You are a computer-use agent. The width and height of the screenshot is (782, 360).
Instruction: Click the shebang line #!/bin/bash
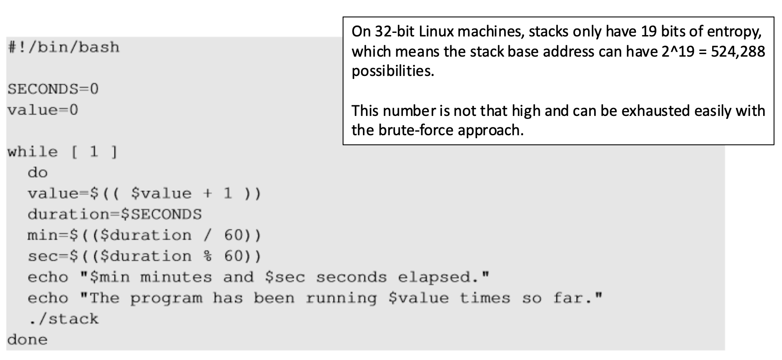tap(64, 47)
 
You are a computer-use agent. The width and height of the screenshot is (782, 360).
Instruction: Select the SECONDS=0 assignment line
tap(53, 89)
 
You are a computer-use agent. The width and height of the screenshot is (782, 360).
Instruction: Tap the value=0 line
tap(43, 110)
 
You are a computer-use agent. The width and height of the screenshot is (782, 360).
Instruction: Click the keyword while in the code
tap(32, 152)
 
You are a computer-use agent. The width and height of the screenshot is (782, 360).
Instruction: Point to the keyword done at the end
tap(27, 339)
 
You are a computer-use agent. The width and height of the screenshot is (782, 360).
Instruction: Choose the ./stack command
tap(64, 319)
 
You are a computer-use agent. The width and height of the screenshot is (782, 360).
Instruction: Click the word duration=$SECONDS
tap(115, 214)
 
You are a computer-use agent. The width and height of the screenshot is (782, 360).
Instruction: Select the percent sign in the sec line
tap(208, 256)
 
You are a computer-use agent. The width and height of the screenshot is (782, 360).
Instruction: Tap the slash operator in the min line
tap(208, 235)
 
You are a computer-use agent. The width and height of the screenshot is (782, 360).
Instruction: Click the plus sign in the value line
tap(208, 194)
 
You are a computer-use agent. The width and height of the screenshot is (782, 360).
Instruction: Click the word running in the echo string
tap(341, 298)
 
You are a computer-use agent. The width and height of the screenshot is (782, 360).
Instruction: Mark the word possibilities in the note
tap(393, 71)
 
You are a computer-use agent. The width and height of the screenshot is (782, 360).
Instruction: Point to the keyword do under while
tap(38, 173)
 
